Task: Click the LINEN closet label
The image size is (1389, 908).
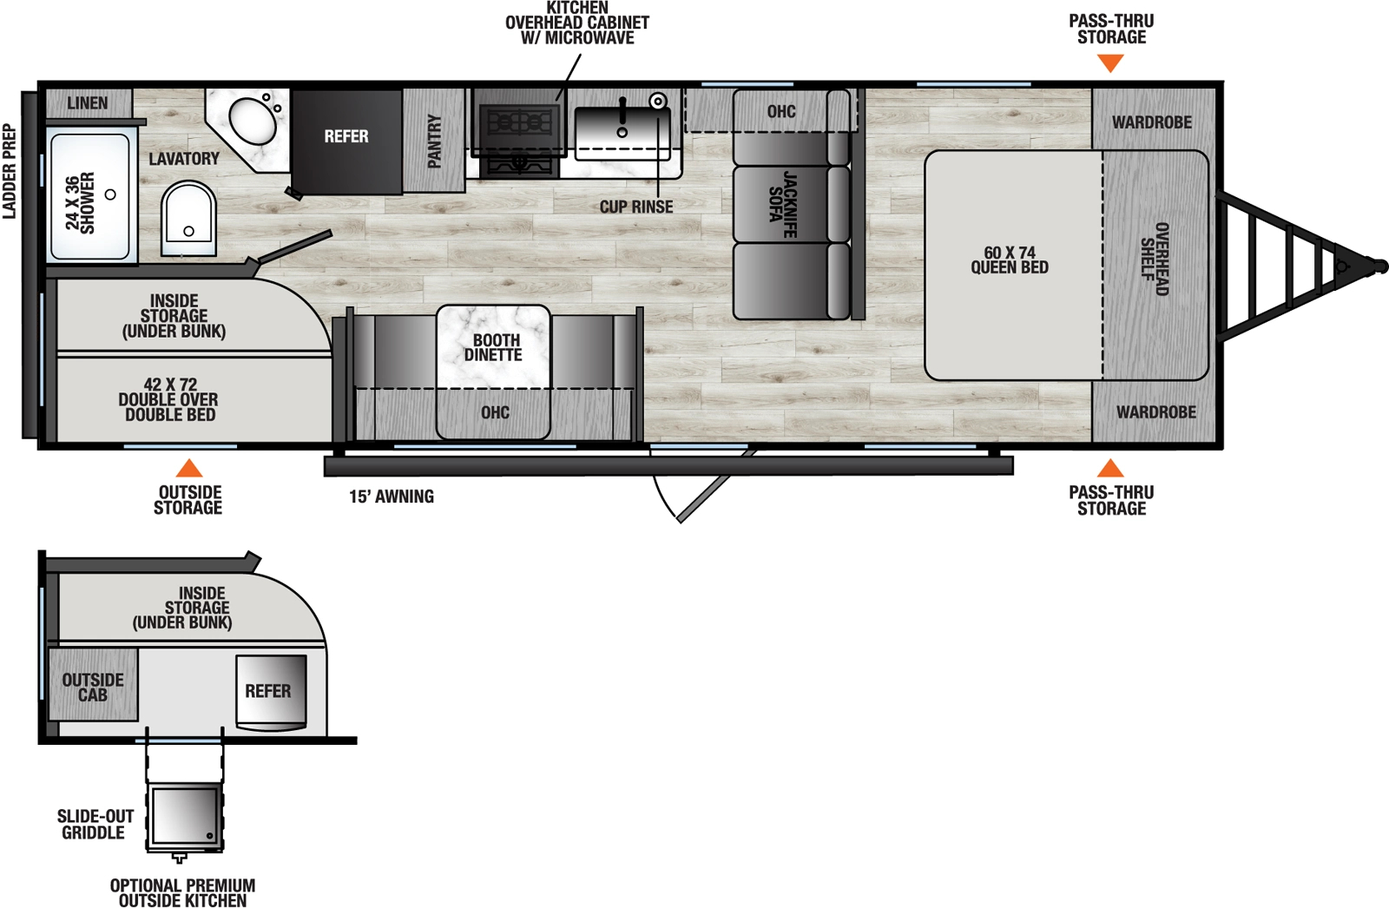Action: [x=88, y=103]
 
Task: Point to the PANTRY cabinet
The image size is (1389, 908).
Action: [x=434, y=141]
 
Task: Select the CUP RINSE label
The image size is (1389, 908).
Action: [x=636, y=207]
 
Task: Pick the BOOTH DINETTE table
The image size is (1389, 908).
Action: [x=493, y=347]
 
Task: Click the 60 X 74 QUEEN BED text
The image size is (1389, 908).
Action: [x=1010, y=260]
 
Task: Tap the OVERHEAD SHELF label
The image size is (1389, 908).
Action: [x=1155, y=259]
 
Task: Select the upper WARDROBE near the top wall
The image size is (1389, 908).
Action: [x=1152, y=122]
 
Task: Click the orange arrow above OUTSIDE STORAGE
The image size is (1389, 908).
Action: [x=189, y=469]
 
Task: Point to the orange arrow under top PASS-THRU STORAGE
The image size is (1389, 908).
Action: [x=1110, y=63]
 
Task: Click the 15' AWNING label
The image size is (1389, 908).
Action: [x=392, y=497]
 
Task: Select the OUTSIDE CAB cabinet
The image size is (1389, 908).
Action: [x=93, y=687]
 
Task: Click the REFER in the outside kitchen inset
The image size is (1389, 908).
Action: [x=269, y=691]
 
